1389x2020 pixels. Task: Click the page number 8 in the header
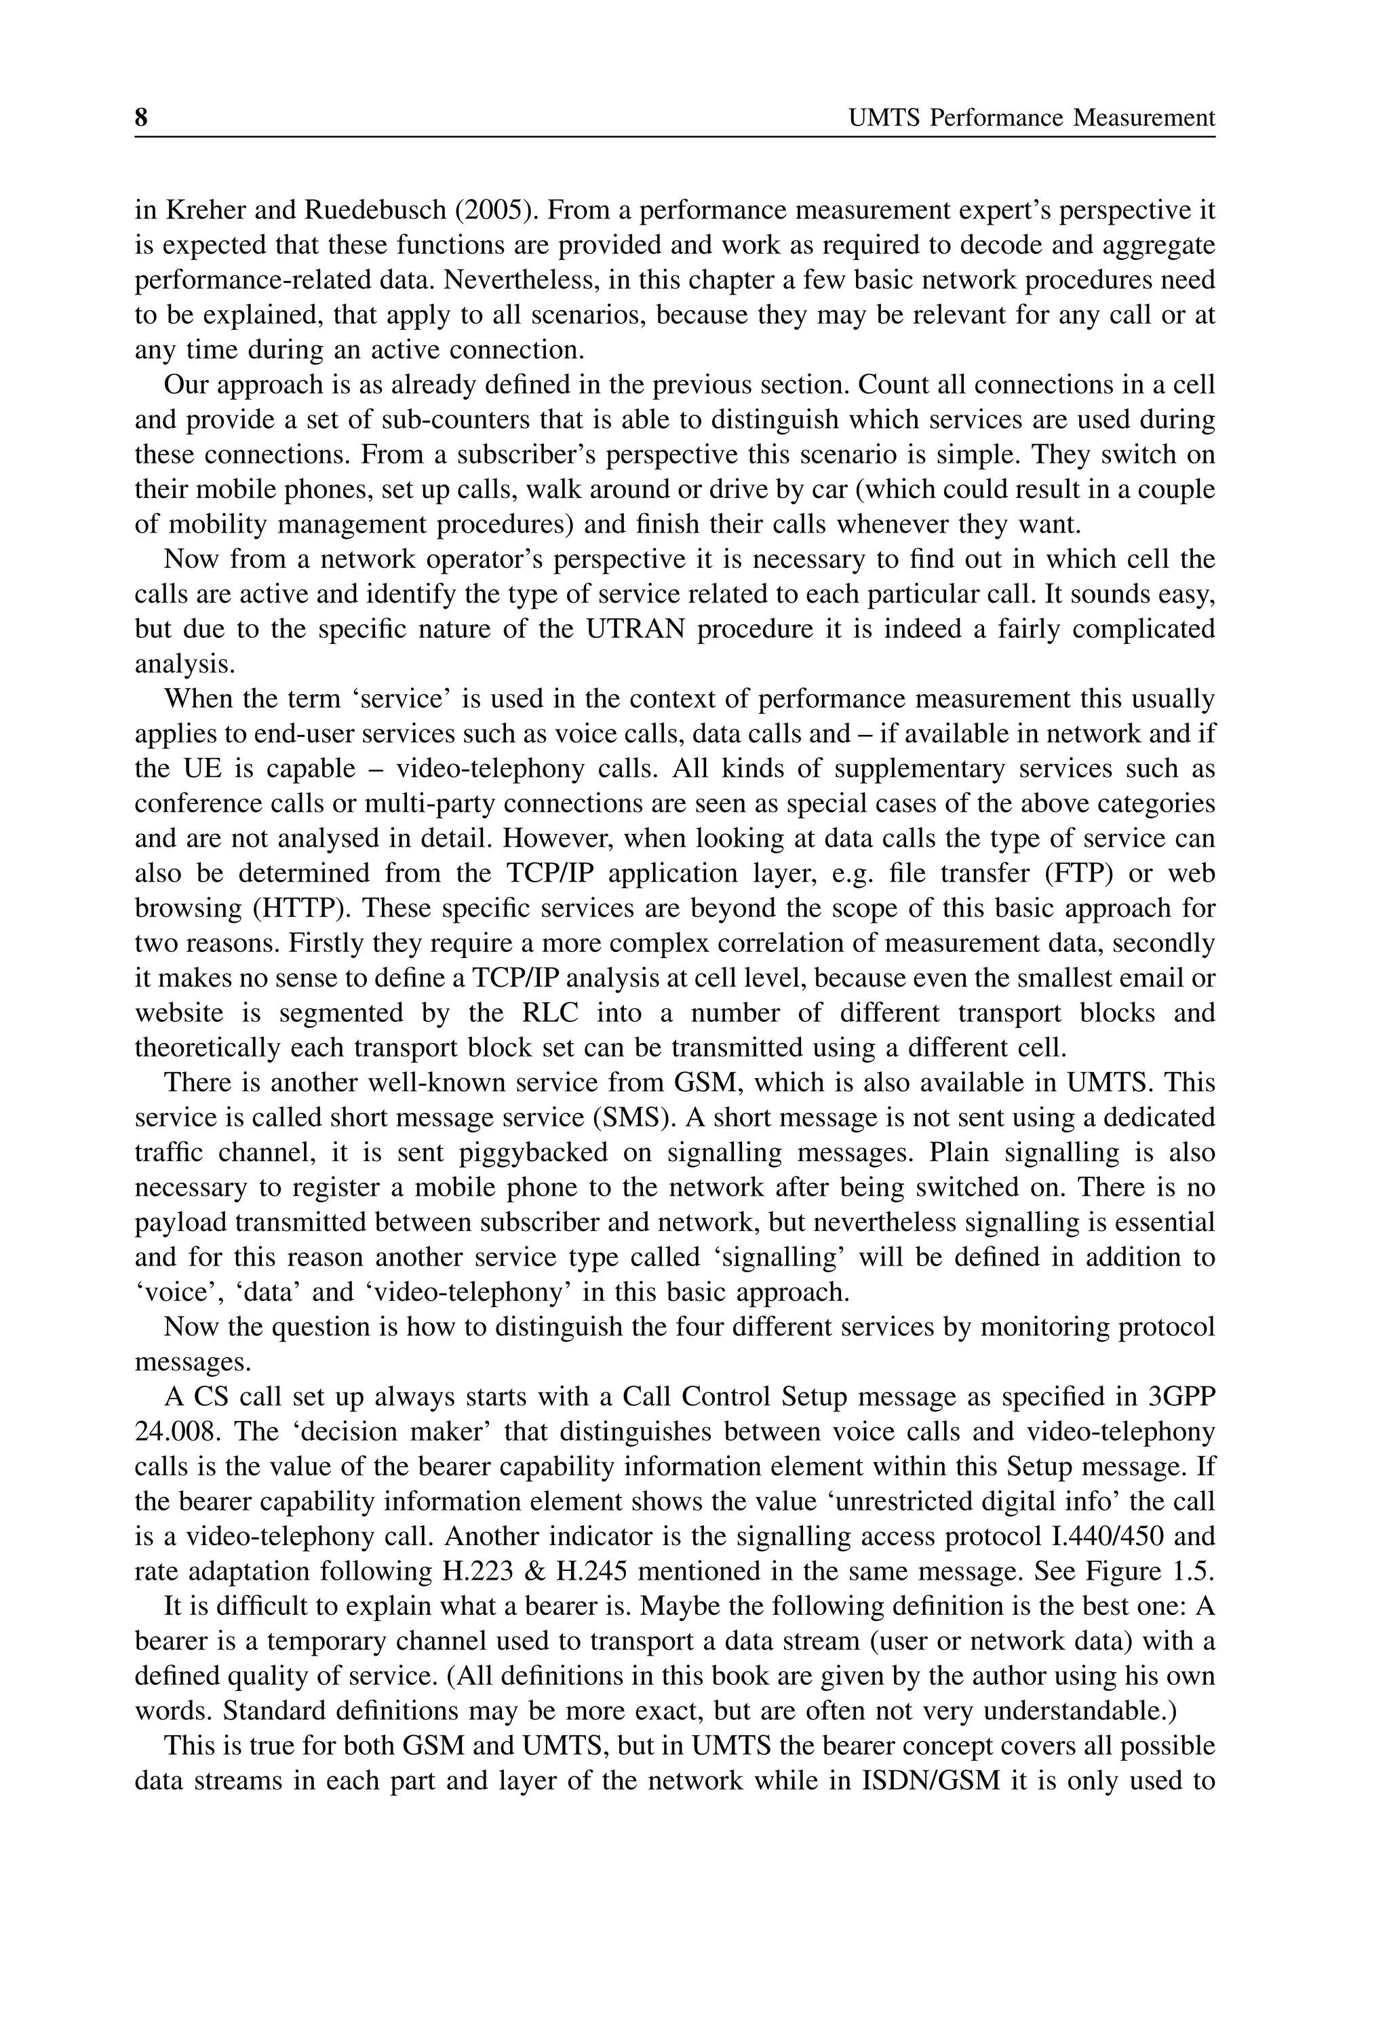[x=141, y=117]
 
